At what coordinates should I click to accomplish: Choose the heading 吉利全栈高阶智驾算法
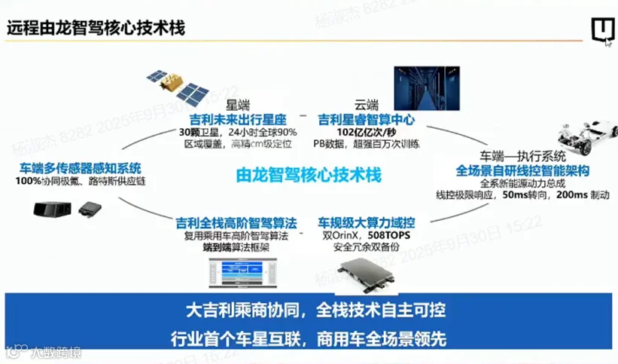236,224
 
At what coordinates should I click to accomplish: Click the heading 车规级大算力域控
367,224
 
